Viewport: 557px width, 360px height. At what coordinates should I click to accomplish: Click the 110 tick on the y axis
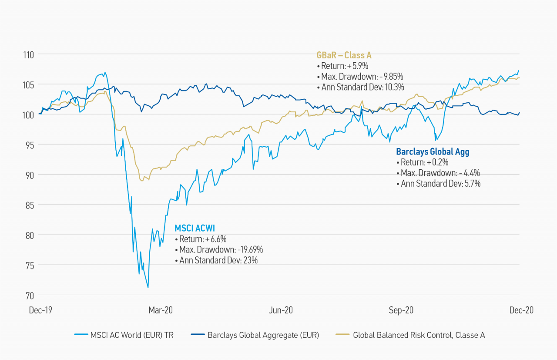(28, 55)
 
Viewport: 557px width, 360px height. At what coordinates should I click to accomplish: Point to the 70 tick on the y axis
(29, 296)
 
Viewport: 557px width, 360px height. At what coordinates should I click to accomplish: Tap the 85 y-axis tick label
(29, 205)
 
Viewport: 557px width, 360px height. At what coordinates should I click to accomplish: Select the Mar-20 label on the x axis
(161, 310)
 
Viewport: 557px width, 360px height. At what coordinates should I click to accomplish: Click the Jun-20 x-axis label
(281, 310)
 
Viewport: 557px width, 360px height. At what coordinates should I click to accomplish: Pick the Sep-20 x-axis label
(401, 310)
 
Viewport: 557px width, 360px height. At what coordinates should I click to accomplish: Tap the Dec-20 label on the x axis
(521, 310)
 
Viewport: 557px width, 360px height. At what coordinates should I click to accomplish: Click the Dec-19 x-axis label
(40, 310)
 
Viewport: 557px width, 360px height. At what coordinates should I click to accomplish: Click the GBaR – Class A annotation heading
(344, 55)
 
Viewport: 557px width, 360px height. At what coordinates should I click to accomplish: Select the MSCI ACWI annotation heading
(195, 228)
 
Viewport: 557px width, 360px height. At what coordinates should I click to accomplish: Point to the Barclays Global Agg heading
(433, 151)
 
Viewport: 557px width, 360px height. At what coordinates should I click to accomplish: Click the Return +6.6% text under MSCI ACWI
(201, 239)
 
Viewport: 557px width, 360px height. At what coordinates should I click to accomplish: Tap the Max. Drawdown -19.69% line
(219, 249)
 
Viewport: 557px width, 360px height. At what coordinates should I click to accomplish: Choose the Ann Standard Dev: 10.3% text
(361, 87)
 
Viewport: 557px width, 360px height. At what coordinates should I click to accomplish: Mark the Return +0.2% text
(422, 162)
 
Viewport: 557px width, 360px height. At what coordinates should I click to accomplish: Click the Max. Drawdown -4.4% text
(438, 173)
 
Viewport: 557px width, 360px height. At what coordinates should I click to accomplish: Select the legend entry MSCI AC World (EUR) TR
(124, 335)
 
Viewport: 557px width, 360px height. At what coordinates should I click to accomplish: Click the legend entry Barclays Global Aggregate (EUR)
(255, 335)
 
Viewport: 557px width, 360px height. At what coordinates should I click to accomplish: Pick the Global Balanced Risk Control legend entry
(410, 335)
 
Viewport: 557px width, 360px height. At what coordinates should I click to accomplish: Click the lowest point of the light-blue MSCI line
(148, 288)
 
